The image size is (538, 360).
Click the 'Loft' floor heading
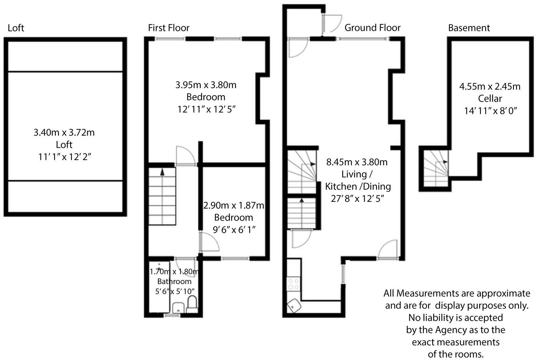(16, 28)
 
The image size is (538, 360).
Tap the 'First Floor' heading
(169, 28)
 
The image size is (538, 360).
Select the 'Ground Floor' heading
(372, 28)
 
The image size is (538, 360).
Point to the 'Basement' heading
(469, 28)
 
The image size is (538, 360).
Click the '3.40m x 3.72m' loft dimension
(64, 132)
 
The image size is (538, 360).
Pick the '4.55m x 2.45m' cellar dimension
(489, 87)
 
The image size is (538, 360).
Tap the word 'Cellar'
(489, 99)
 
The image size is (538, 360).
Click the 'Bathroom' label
(174, 281)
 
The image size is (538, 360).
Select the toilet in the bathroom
(192, 303)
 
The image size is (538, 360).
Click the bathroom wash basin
(178, 308)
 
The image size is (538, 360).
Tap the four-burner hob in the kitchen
(293, 284)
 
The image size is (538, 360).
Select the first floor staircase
(162, 196)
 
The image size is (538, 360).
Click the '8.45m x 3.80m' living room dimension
(357, 162)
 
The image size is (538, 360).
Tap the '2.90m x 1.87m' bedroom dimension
(233, 206)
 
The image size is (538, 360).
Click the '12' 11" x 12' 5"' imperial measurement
(206, 109)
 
